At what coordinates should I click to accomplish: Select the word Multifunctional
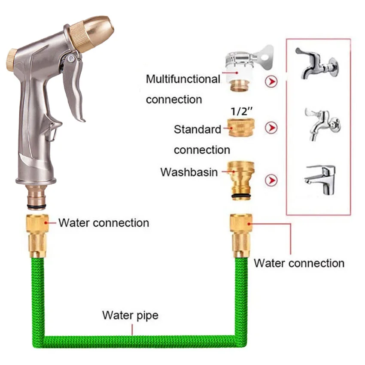click(183, 79)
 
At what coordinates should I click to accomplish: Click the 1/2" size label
click(240, 110)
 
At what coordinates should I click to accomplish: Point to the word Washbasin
click(189, 172)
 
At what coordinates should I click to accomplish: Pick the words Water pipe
click(130, 316)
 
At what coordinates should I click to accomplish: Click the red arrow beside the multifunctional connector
click(271, 81)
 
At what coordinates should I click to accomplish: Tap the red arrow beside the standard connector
click(271, 128)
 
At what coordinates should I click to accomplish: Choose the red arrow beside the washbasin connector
click(271, 180)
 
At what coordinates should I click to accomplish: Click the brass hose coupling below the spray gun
click(38, 236)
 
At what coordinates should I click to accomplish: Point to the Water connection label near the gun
click(103, 223)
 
